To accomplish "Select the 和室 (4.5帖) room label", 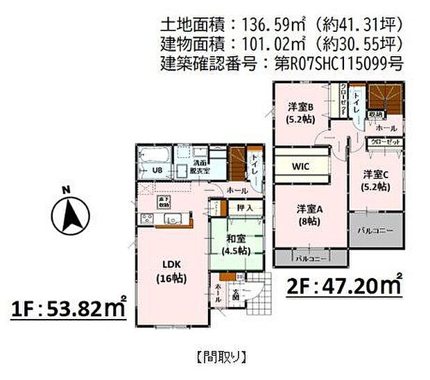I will [237, 245].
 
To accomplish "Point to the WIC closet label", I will [300, 167].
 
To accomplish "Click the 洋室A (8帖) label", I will [308, 215].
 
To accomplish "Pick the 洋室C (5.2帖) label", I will [375, 182].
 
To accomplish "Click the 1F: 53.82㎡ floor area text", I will [68, 308].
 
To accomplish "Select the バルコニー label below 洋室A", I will [311, 258].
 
